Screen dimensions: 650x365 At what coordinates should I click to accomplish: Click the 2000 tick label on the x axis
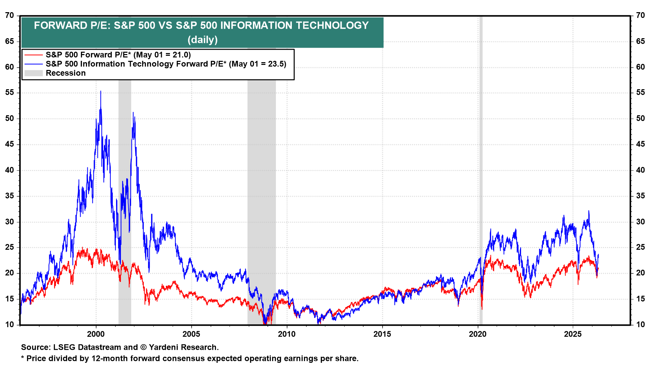coord(96,334)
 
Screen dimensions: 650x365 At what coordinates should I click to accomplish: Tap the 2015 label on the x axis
coord(382,334)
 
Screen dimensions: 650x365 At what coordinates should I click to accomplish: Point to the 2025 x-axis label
coord(573,334)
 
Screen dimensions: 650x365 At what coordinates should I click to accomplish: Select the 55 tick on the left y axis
coord(9,93)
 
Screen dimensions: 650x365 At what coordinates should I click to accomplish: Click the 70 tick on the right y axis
coord(641,16)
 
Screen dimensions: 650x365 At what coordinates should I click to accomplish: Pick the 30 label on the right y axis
coord(641,222)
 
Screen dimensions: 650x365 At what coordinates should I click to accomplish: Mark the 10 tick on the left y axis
coord(9,324)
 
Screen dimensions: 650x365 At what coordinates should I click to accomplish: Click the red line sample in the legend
coord(34,55)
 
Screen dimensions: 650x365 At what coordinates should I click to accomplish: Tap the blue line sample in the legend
coord(34,64)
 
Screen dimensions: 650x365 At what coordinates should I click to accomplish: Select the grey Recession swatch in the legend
coord(34,73)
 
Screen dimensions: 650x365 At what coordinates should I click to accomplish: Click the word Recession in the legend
coord(66,73)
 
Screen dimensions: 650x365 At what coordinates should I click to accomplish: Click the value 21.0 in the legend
coord(180,55)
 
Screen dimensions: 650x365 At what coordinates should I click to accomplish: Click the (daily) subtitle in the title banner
coord(202,40)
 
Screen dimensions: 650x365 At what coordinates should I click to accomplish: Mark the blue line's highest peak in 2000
coord(101,91)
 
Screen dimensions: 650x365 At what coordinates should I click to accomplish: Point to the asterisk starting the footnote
coord(23,357)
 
